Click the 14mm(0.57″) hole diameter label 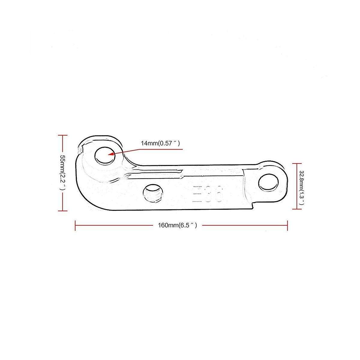160,143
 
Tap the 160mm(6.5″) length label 177,226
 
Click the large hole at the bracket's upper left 105,156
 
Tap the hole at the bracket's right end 268,183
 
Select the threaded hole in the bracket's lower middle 153,193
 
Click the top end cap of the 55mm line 62,136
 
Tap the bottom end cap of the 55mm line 62,211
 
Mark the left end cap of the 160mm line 75,226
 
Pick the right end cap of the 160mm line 287,226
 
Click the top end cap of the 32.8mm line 297,163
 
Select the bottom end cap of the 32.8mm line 297,209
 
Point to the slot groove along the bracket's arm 156,172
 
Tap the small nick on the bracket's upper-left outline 80,148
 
